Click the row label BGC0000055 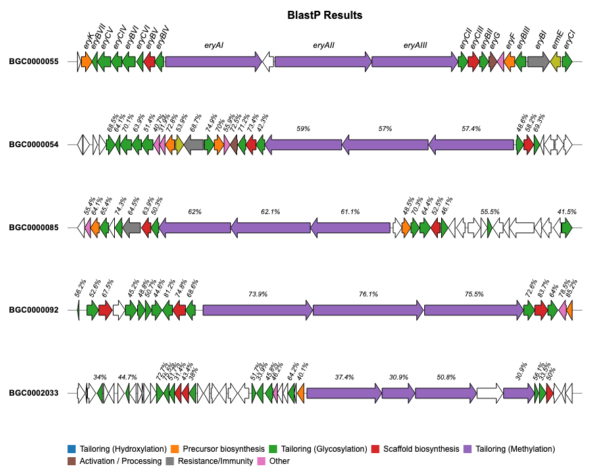[34, 62]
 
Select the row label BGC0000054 [34, 145]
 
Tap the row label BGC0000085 [34, 228]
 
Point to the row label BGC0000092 [34, 310]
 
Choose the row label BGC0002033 [34, 393]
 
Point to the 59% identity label [303, 128]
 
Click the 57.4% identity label [471, 128]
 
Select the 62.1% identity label [270, 211]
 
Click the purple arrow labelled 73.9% [257, 310]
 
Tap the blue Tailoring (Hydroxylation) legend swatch [72, 449]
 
